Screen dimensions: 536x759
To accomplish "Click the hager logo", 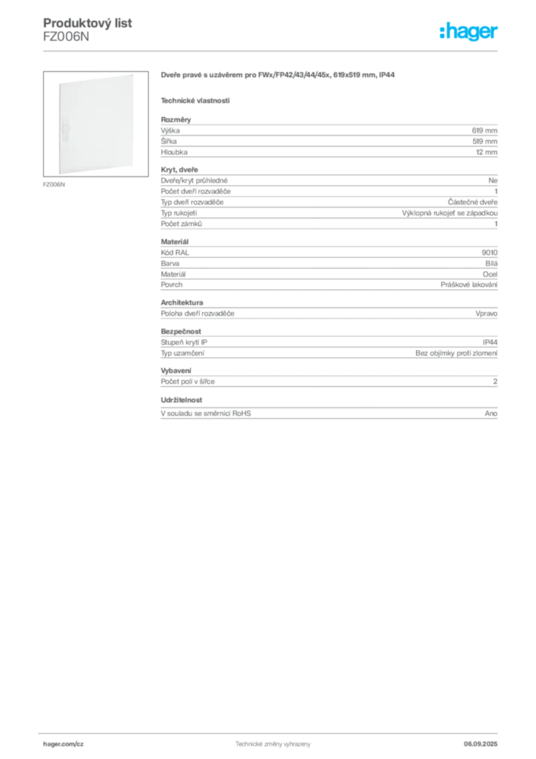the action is point(469,31).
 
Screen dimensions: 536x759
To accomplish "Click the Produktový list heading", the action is point(87,23).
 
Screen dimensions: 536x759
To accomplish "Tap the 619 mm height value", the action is point(485,130).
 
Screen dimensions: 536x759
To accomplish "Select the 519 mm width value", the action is point(485,142).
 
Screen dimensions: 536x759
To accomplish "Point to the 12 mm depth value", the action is point(486,152).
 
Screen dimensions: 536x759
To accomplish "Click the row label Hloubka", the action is point(174,152).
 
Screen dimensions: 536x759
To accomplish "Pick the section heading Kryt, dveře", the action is point(179,170).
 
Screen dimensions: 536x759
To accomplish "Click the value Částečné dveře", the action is point(472,202).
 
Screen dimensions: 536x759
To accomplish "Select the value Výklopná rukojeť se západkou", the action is point(450,213).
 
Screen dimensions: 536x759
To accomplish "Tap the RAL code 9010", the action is point(489,253).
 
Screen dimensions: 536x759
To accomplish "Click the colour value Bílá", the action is point(492,263).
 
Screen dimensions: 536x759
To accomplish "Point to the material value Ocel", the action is point(490,274).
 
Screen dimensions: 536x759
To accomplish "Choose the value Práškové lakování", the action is point(469,285).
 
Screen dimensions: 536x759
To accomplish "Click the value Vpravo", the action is point(486,314).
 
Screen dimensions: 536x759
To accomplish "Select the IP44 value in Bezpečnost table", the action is point(490,342).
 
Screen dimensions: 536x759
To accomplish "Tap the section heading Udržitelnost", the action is point(181,400).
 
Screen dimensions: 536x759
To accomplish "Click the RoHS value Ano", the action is point(491,414).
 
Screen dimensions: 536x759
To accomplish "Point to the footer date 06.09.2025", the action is point(480,744).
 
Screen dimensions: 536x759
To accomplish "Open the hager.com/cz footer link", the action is point(64,744).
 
